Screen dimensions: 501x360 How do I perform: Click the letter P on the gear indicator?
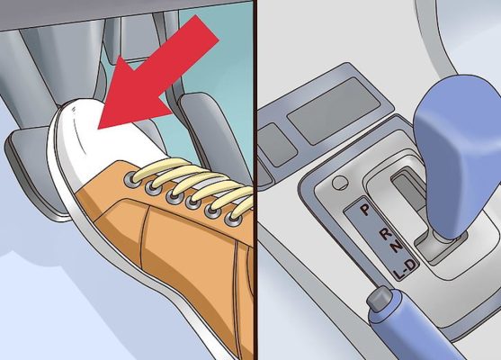pyautogui.click(x=364, y=210)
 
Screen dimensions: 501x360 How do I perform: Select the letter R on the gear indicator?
pyautogui.click(x=386, y=233)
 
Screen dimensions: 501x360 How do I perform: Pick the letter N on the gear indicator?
pyautogui.click(x=397, y=247)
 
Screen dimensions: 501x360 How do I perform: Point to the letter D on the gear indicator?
pyautogui.click(x=411, y=265)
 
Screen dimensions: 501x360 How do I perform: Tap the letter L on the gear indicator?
pyautogui.click(x=398, y=274)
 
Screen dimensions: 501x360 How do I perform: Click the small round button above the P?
pyautogui.click(x=340, y=184)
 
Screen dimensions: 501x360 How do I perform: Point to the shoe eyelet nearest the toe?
pyautogui.click(x=130, y=178)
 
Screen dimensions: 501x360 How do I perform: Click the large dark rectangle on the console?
pyautogui.click(x=334, y=111)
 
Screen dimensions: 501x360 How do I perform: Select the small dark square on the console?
pyautogui.click(x=277, y=145)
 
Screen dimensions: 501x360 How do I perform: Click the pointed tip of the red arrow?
pyautogui.click(x=98, y=129)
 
